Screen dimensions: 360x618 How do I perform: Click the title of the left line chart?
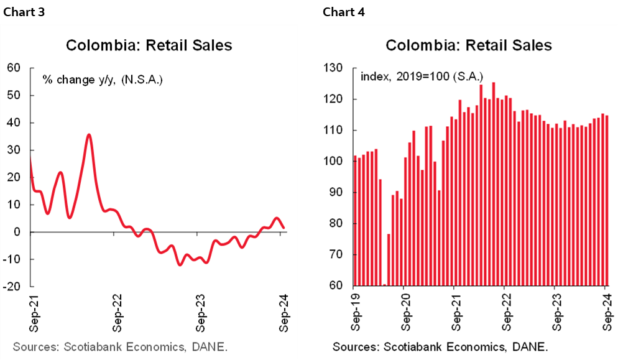click(x=149, y=45)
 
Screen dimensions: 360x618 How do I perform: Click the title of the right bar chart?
click(x=468, y=45)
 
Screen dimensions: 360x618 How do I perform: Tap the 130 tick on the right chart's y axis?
click(x=336, y=68)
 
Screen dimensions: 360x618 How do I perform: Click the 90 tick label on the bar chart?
click(x=338, y=193)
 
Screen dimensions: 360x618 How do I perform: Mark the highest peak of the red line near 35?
click(x=89, y=134)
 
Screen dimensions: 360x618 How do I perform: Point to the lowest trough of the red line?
click(x=180, y=265)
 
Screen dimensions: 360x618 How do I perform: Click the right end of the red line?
click(x=284, y=228)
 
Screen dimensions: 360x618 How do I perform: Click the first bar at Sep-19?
click(x=354, y=221)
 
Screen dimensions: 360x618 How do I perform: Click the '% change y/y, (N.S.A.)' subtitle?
click(x=103, y=80)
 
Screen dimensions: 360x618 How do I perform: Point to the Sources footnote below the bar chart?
click(x=440, y=346)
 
